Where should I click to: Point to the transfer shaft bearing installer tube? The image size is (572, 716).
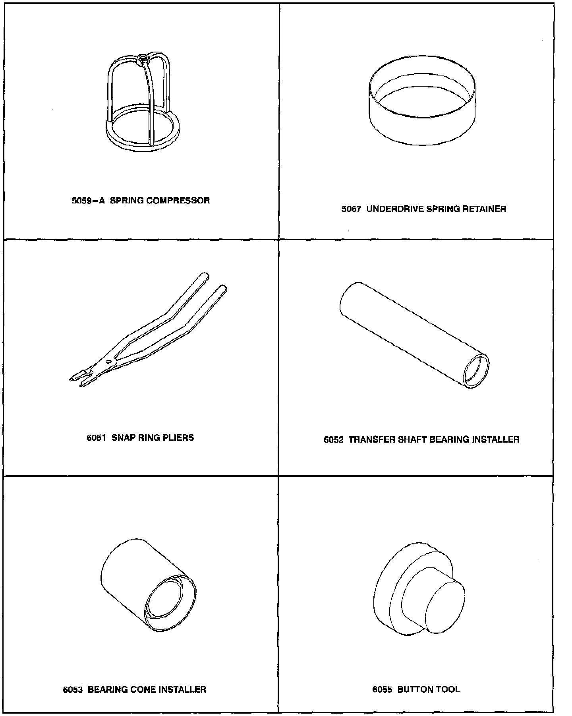pos(414,336)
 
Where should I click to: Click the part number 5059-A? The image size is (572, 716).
pos(88,201)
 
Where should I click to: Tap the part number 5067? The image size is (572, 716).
pos(352,209)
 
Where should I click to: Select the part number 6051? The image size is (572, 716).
pos(97,438)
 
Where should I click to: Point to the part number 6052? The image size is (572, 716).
pos(334,440)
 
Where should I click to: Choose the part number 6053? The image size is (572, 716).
pos(73,690)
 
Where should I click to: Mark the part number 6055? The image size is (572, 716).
pos(382,689)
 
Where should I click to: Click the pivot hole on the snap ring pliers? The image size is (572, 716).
pos(108,362)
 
